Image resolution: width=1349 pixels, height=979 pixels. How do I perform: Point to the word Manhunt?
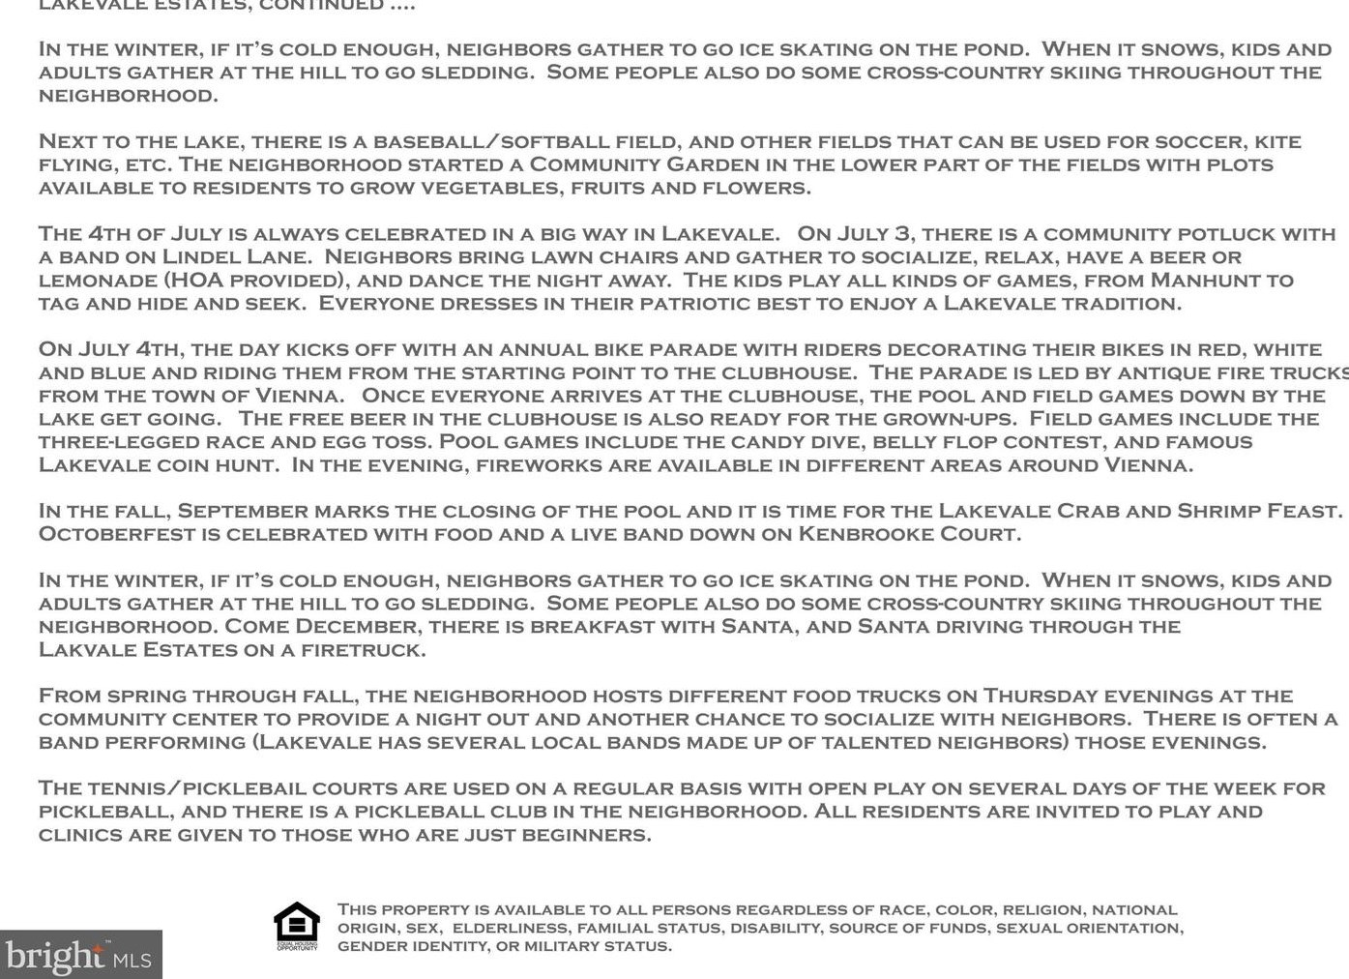1204,281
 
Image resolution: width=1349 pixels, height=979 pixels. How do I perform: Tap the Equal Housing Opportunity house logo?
297,926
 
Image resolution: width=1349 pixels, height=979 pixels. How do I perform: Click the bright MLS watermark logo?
79,956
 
